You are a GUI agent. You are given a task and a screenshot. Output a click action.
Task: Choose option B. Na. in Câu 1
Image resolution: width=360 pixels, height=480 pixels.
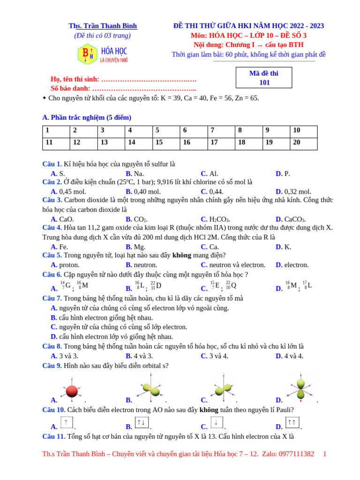pyautogui.click(x=135, y=173)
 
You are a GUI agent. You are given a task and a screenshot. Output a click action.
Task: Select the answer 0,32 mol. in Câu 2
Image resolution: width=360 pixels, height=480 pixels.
pyautogui.click(x=293, y=191)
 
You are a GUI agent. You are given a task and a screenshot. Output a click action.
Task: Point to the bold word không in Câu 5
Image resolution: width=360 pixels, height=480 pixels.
pyautogui.click(x=182, y=255)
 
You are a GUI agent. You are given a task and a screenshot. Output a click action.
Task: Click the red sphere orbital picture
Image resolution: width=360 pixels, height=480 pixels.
pyautogui.click(x=72, y=390)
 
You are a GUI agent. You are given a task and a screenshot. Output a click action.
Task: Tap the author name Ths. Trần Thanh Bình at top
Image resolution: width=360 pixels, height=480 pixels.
pyautogui.click(x=103, y=26)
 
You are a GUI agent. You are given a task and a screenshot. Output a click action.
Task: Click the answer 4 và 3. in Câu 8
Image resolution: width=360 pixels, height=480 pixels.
pyautogui.click(x=139, y=356)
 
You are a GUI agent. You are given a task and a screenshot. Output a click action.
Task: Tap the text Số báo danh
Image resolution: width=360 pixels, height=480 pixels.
pyautogui.click(x=71, y=88)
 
